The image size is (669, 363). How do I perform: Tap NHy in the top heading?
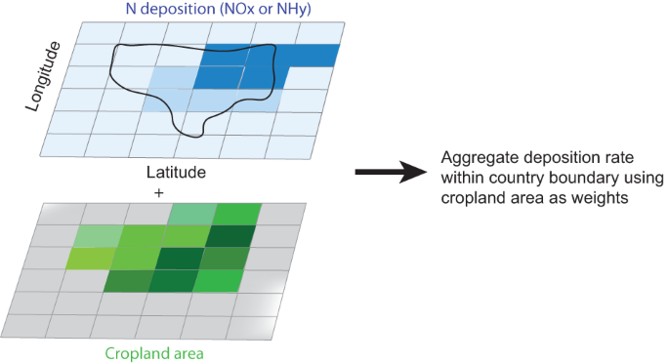click(x=292, y=11)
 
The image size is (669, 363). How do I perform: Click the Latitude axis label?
click(x=174, y=172)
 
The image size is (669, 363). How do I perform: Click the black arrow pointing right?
click(x=390, y=173)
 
